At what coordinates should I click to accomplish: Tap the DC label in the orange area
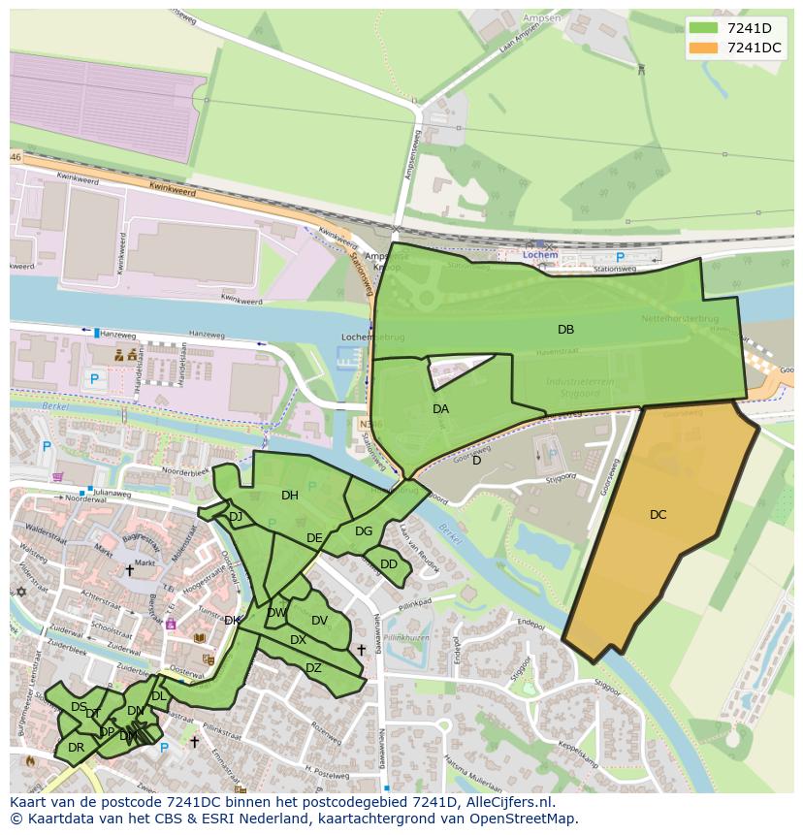click(x=658, y=515)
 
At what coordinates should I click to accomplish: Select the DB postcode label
click(x=565, y=330)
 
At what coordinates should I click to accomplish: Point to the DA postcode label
click(x=440, y=409)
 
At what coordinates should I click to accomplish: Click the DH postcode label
click(x=289, y=496)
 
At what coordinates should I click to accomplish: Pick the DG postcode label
click(x=364, y=531)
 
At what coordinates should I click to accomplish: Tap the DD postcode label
click(x=388, y=564)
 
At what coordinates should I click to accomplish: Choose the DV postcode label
click(x=319, y=621)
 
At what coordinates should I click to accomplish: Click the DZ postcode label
click(x=313, y=668)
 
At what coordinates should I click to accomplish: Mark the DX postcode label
click(x=298, y=640)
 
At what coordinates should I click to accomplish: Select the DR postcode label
click(x=76, y=748)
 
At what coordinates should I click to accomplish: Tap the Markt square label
click(x=145, y=562)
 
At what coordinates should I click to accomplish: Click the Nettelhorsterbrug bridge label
click(x=679, y=318)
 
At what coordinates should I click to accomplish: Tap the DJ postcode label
click(x=235, y=517)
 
